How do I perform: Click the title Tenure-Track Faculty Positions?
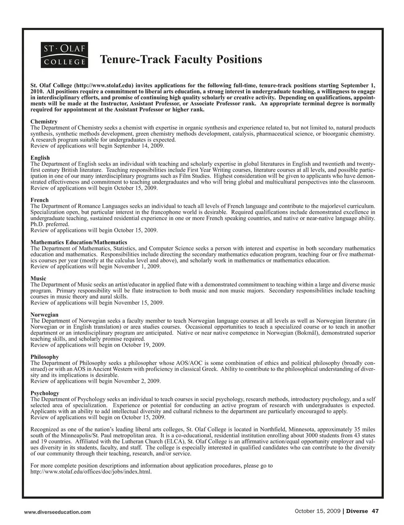point(181,59)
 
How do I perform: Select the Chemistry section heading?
point(44,122)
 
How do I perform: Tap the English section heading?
point(40,158)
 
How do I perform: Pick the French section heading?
point(40,200)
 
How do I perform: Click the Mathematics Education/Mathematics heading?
point(79,243)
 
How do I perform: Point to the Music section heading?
point(38,279)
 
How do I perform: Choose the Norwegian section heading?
point(44,315)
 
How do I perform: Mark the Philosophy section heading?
point(45,357)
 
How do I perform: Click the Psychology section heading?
point(45,393)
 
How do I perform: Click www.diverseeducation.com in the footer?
point(57,512)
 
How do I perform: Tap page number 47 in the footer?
point(375,511)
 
